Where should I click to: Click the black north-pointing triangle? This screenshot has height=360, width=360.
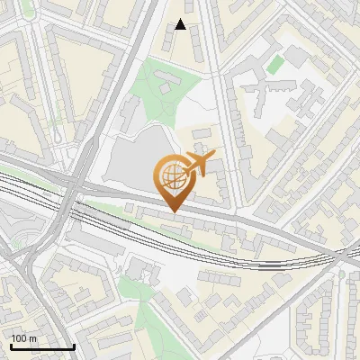181,24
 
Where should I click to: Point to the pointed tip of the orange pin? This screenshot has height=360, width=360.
172,212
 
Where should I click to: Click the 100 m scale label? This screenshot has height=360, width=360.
23,337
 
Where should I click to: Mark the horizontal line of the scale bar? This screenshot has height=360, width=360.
41,346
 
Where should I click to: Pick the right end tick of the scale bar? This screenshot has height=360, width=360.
74,345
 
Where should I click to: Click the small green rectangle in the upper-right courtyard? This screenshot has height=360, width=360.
275,64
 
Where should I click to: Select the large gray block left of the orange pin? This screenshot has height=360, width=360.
135,162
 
